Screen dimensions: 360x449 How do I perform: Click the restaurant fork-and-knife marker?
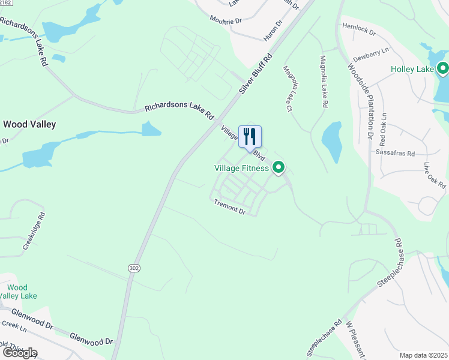click(250, 137)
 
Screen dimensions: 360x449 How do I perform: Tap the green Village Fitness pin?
click(279, 167)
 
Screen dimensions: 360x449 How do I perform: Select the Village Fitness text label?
click(242, 168)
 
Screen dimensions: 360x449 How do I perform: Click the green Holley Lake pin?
click(444, 69)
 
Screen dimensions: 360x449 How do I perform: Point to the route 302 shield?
click(133, 269)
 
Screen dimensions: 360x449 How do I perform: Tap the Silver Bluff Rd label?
click(255, 73)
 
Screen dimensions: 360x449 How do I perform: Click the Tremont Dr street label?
click(230, 208)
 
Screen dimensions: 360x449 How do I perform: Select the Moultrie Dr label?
click(226, 20)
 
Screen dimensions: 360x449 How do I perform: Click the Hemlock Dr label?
click(358, 28)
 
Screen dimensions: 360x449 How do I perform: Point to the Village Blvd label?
click(243, 143)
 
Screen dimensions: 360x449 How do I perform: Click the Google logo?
click(20, 352)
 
